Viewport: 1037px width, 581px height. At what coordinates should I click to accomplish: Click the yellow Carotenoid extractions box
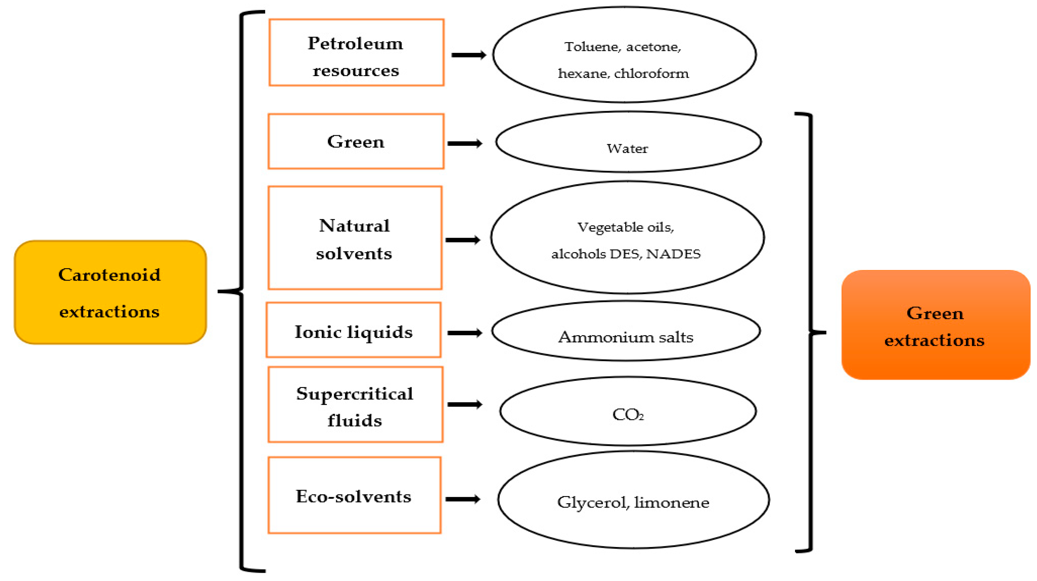[110, 292]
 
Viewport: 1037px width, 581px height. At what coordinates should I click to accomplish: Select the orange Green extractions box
[935, 325]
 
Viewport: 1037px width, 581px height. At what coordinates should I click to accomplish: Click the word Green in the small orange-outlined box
[355, 142]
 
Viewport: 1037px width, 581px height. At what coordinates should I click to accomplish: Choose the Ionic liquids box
[353, 331]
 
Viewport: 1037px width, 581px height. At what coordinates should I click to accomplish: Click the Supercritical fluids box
[355, 405]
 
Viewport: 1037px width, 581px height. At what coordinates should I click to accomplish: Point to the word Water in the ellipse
[627, 149]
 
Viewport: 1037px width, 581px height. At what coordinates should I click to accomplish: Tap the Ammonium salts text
[625, 337]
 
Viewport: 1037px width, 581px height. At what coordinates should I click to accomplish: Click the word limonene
[671, 503]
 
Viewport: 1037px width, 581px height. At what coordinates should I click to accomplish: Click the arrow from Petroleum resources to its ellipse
[468, 55]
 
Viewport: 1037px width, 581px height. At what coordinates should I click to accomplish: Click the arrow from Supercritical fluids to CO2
[464, 404]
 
